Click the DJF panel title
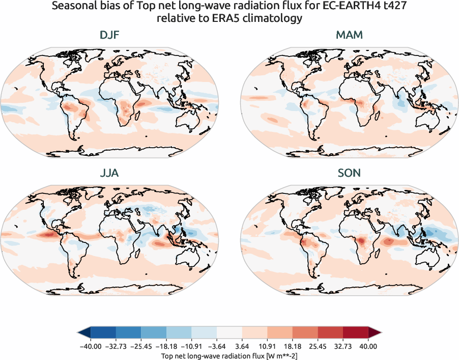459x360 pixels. pyautogui.click(x=110, y=35)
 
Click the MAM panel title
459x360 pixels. pyautogui.click(x=349, y=35)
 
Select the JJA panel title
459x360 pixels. pyautogui.click(x=110, y=173)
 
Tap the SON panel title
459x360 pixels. pyautogui.click(x=349, y=173)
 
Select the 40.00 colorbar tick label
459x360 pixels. pyautogui.click(x=368, y=346)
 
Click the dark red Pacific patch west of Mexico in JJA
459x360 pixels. pyautogui.click(x=46, y=235)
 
